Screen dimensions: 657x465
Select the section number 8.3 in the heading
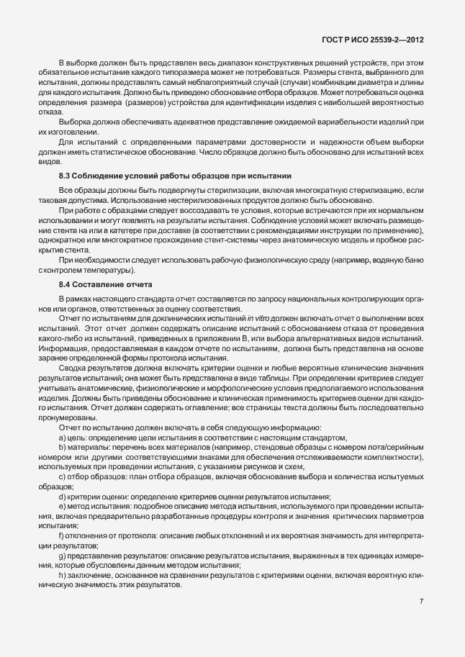tap(66, 176)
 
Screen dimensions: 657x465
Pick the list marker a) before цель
tap(62, 418)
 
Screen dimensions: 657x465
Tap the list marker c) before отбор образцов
tap(62, 457)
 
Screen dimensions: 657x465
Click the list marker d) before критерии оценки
tap(62, 477)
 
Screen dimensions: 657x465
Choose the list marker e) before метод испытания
tap(62, 486)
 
